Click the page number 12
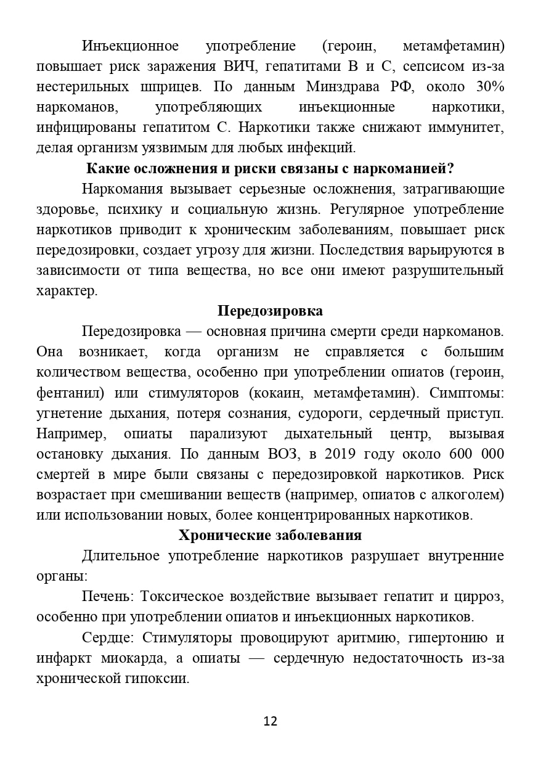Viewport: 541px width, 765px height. pyautogui.click(x=270, y=721)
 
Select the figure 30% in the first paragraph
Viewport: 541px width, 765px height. pyautogui.click(x=490, y=86)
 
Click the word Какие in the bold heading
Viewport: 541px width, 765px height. pyautogui.click(x=105, y=168)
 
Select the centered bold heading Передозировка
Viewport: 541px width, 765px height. pyautogui.click(x=270, y=311)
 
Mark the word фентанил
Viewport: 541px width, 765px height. pyautogui.click(x=63, y=393)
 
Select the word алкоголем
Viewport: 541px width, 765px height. pyautogui.click(x=470, y=494)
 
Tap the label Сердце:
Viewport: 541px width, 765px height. pyautogui.click(x=108, y=637)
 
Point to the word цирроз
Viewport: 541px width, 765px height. pyautogui.click(x=482, y=596)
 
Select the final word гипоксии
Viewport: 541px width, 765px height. pyautogui.click(x=158, y=678)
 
